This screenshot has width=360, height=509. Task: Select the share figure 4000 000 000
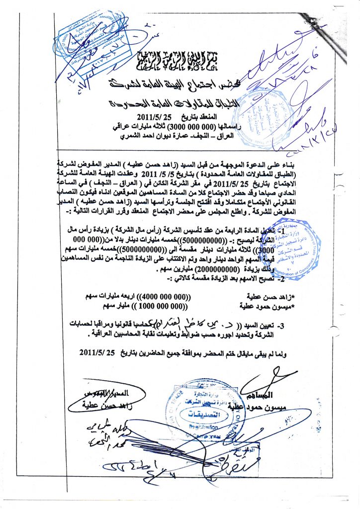click(x=164, y=296)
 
